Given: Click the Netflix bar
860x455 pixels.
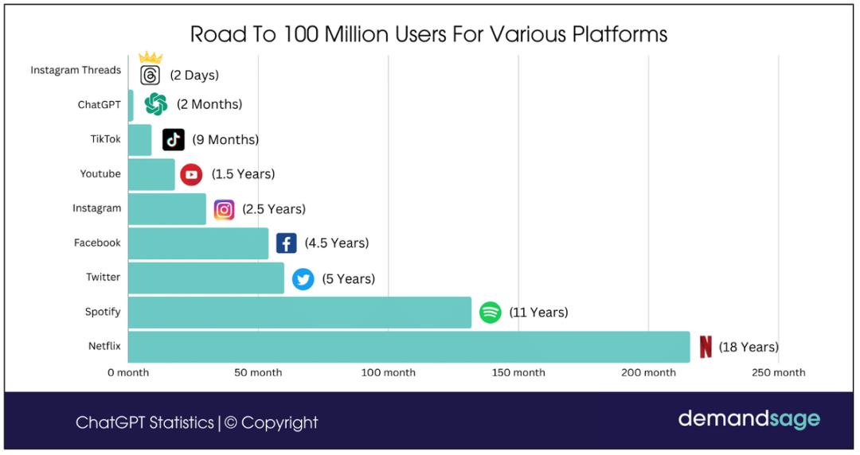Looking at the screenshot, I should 408,347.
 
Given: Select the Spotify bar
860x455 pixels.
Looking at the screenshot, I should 299,312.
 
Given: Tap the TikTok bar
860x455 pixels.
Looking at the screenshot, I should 139,140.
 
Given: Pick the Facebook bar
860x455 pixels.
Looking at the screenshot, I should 198,243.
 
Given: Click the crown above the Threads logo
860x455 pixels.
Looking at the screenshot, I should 150,57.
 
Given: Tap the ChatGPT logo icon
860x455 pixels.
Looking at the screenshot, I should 156,104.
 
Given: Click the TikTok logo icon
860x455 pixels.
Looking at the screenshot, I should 174,140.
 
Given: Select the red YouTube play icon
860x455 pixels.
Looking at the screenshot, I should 191,174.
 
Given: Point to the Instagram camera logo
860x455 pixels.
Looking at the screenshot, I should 225,209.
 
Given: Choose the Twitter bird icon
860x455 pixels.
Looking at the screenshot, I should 303,279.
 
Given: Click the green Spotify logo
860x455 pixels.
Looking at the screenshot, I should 490,313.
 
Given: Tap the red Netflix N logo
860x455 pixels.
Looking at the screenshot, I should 706,347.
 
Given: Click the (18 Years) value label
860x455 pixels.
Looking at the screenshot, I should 749,347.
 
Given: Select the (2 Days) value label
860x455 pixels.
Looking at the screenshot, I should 193,76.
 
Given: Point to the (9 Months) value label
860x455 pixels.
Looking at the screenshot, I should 225,140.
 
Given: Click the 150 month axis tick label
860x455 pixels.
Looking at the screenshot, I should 518,372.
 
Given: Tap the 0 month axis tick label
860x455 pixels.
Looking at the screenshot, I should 128,372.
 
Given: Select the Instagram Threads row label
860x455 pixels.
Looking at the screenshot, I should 76,70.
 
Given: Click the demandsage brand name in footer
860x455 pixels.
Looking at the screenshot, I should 749,418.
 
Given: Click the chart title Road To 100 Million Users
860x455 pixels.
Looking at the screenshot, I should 428,34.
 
